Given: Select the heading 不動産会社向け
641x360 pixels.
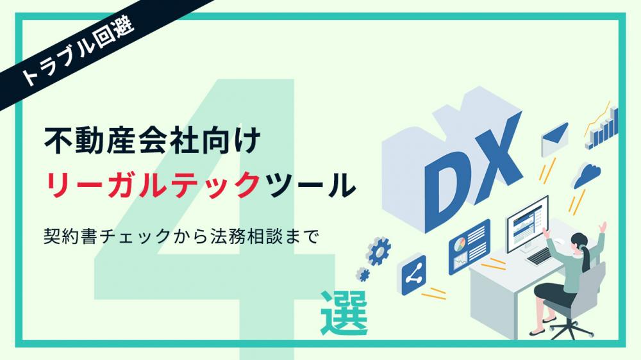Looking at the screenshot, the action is point(152,140).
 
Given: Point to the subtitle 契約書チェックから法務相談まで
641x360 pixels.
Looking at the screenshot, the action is point(181,236).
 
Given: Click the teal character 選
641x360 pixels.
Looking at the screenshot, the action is point(344,313).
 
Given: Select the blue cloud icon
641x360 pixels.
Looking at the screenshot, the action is point(587,175).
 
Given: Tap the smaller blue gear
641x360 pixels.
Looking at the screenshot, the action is point(363,274).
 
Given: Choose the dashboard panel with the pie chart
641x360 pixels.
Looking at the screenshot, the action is point(469,247).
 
